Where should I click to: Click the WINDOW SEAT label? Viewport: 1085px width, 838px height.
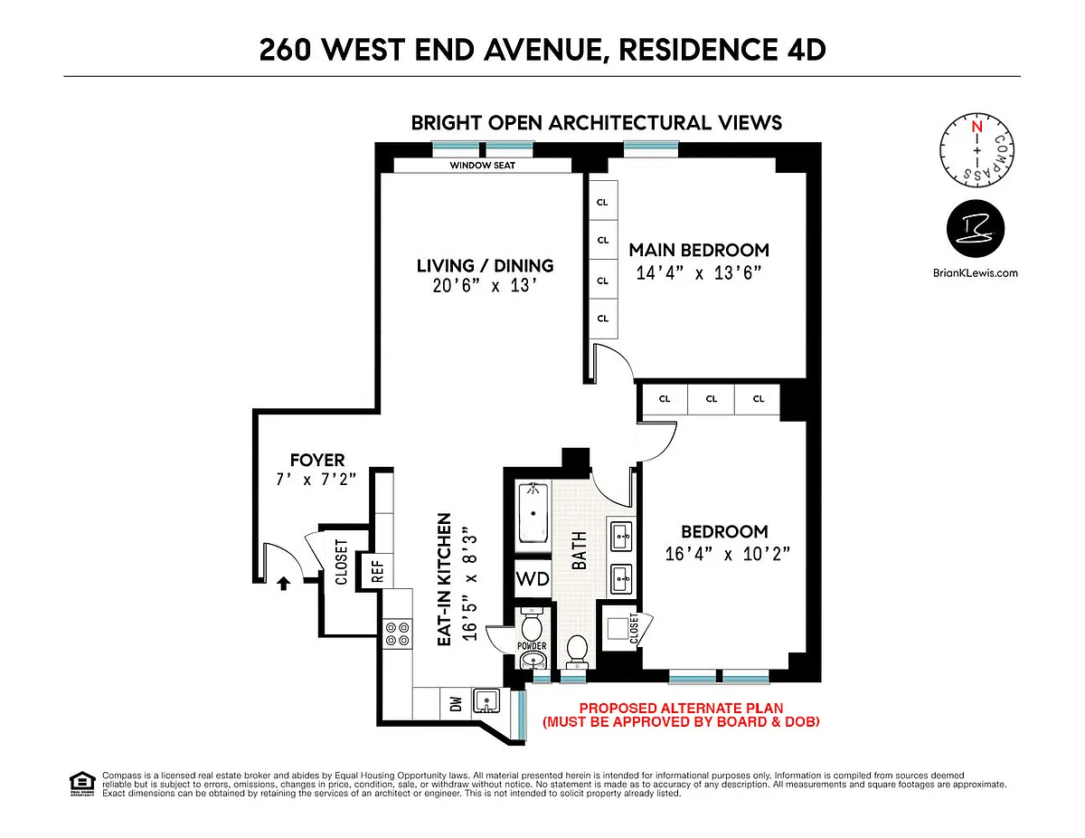(x=482, y=166)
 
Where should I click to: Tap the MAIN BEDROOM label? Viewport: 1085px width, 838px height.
(x=699, y=250)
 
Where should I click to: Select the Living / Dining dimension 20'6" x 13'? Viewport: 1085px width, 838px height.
(x=485, y=286)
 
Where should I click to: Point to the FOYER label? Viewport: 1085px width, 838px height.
(x=317, y=460)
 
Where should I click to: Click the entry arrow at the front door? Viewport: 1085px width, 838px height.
(x=284, y=583)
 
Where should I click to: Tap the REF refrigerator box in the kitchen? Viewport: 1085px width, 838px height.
(x=377, y=571)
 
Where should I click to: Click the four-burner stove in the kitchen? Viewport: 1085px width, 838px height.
(x=398, y=633)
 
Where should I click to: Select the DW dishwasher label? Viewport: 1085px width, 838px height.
(x=456, y=704)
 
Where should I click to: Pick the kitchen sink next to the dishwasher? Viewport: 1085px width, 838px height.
(x=486, y=701)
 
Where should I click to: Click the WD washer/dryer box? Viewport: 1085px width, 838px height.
(x=533, y=578)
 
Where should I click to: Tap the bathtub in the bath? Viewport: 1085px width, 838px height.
(x=533, y=513)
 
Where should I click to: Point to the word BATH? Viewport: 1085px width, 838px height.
(x=580, y=550)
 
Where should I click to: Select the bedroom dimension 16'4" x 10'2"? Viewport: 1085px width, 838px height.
(x=728, y=554)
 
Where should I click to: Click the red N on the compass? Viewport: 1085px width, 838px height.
(x=976, y=127)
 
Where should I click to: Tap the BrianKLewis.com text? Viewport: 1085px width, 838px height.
(x=976, y=272)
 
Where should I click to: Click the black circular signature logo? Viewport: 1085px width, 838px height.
(x=976, y=228)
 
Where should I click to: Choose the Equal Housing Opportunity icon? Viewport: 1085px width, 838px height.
(x=82, y=784)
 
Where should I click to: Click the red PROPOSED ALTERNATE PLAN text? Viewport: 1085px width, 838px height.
(x=681, y=708)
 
